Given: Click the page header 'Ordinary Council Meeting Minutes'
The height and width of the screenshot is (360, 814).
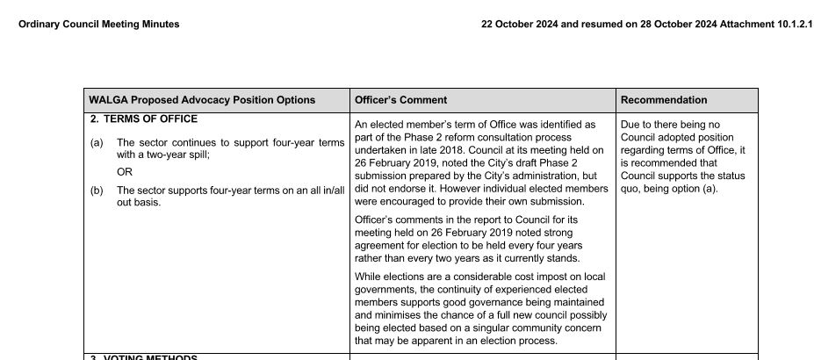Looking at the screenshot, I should tap(98, 25).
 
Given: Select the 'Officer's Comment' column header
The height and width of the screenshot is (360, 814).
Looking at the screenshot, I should tap(400, 100).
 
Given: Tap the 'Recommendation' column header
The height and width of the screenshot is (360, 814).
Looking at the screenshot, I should tap(664, 100).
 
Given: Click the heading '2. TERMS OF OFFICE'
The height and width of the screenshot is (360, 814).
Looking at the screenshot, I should tap(144, 119).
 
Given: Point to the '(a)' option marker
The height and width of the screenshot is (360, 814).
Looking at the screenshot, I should tap(97, 142).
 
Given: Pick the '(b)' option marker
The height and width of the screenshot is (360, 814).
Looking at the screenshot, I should tap(97, 190).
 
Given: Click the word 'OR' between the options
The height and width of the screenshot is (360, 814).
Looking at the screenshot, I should tap(125, 172).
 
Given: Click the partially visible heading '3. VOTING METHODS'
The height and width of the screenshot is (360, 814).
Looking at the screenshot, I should tap(144, 357).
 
